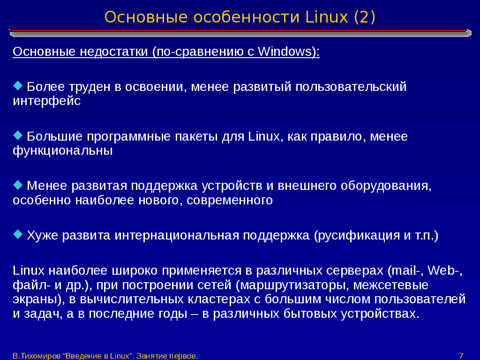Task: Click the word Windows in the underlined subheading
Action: click(285, 52)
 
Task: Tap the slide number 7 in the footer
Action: click(461, 356)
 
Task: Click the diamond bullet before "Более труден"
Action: click(18, 86)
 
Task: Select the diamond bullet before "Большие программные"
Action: click(18, 135)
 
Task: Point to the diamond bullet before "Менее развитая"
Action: click(18, 185)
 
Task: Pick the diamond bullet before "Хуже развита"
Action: click(18, 234)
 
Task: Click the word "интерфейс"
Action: click(46, 101)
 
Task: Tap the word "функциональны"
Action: click(63, 150)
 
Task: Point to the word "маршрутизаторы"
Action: click(294, 285)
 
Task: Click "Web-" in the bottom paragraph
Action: click(445, 270)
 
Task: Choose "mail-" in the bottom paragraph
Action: click(405, 270)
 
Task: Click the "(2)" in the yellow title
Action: click(364, 17)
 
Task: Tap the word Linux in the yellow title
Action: click(327, 17)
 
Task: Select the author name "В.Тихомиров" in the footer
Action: click(37, 356)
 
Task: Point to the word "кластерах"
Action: click(219, 299)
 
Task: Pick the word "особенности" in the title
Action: click(247, 17)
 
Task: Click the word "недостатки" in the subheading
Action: click(114, 52)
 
